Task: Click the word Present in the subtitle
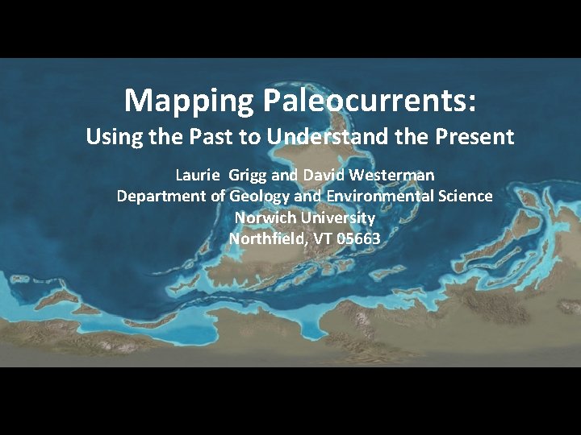tap(477, 137)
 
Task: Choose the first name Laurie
tap(199, 175)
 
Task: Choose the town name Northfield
tap(263, 239)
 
